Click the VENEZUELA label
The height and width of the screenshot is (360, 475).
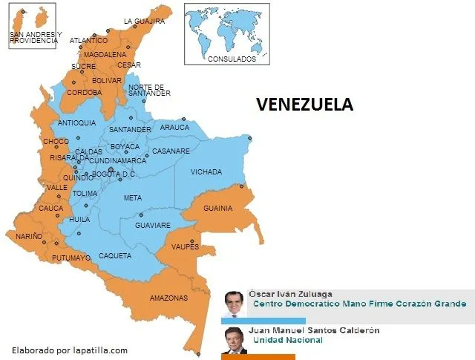tap(304, 105)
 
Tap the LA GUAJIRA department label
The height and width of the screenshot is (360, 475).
tap(144, 22)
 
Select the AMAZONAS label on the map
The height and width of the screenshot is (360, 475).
tap(168, 298)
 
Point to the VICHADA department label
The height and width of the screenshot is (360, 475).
tap(206, 172)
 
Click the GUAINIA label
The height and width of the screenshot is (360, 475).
tap(217, 208)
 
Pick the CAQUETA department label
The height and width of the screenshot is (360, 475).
tap(115, 255)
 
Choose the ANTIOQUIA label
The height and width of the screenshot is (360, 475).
tap(76, 122)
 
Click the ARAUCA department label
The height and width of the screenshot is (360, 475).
tap(174, 127)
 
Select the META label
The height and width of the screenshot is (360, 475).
tap(132, 198)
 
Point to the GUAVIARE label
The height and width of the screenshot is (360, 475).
tap(152, 225)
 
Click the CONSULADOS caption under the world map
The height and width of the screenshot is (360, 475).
tap(232, 59)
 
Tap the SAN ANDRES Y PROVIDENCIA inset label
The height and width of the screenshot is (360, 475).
tap(35, 38)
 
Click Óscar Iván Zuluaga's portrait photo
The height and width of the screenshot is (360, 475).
tap(235, 302)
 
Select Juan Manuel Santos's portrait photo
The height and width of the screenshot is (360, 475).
tap(235, 339)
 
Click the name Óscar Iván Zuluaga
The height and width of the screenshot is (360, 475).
tap(290, 294)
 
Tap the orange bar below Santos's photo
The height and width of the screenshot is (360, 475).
tap(258, 357)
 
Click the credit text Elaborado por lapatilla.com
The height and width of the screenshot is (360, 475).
tap(70, 350)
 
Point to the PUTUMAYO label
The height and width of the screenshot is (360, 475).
tap(71, 258)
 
